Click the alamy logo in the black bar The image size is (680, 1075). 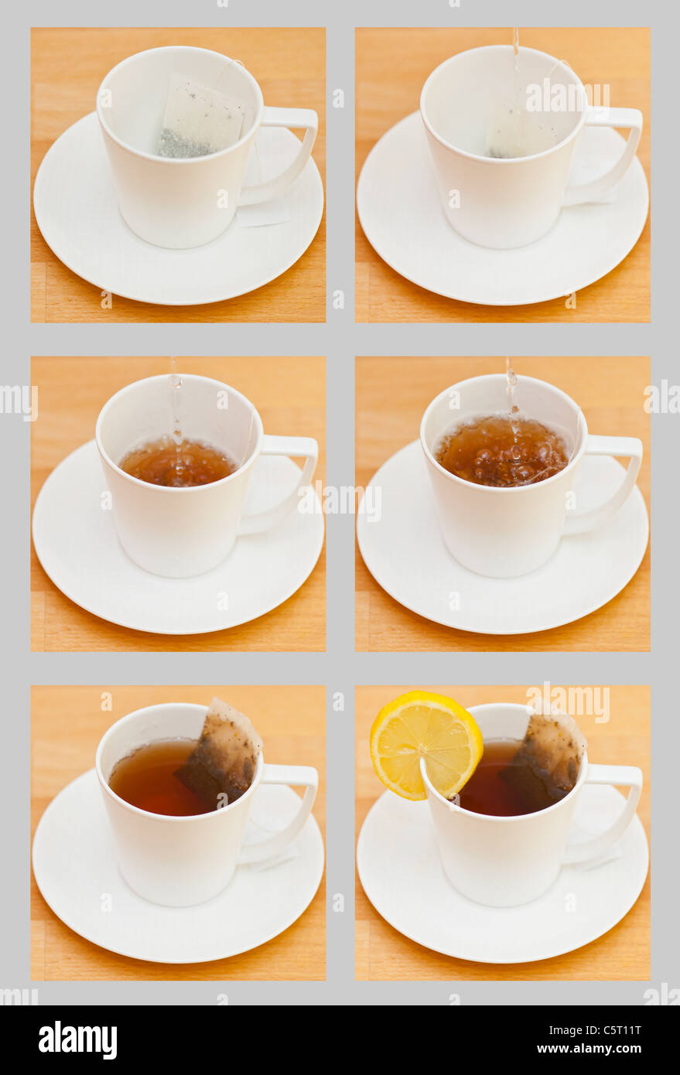pos(78,1040)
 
